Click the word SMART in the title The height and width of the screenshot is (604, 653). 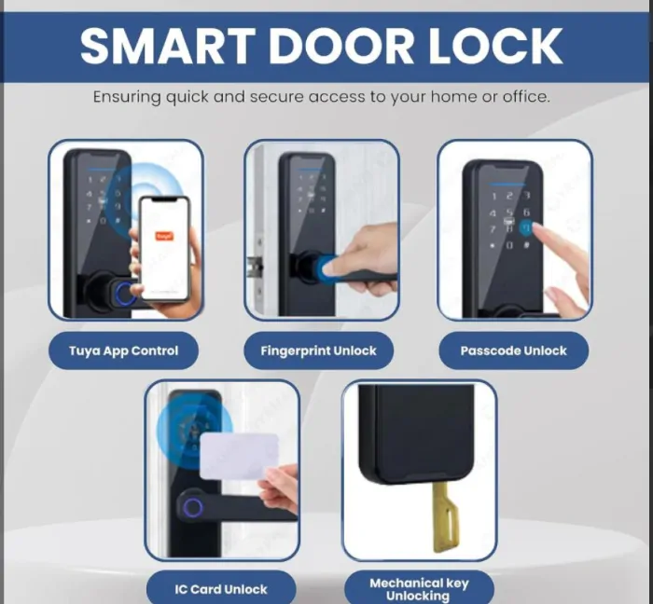click(167, 46)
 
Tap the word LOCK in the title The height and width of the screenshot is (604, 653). click(496, 46)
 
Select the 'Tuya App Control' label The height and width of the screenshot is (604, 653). click(124, 350)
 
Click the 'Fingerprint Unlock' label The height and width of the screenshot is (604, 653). click(319, 350)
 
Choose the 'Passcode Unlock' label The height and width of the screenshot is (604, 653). click(513, 350)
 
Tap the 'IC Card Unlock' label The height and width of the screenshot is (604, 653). click(221, 588)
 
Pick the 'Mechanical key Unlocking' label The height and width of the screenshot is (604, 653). click(419, 588)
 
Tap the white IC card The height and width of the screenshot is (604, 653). click(239, 456)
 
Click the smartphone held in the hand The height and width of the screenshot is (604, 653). click(164, 248)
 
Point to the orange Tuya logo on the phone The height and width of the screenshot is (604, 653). click(164, 236)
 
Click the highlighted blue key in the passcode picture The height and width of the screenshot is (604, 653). click(526, 227)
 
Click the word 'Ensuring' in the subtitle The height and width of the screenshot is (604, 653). click(127, 97)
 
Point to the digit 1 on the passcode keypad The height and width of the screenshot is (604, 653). click(493, 197)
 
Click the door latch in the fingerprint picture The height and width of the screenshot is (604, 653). click(255, 267)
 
